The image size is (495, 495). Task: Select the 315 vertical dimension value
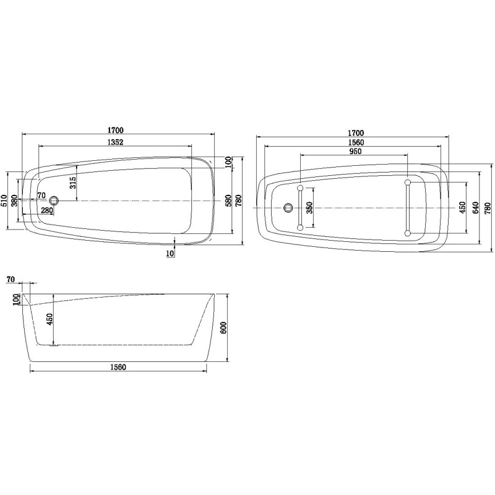(72, 182)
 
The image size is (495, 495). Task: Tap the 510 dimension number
(4, 200)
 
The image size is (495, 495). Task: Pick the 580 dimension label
(228, 201)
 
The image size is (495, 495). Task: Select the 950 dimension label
(355, 152)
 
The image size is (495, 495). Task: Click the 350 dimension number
(310, 209)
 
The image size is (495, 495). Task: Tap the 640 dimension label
(475, 208)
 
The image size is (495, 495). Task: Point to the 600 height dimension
(224, 327)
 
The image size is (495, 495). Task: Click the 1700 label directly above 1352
(116, 131)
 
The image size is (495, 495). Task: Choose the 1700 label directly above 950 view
(355, 133)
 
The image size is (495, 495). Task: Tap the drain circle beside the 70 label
(54, 200)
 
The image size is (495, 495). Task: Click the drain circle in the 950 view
(288, 207)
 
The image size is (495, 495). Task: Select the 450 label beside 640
(462, 208)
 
